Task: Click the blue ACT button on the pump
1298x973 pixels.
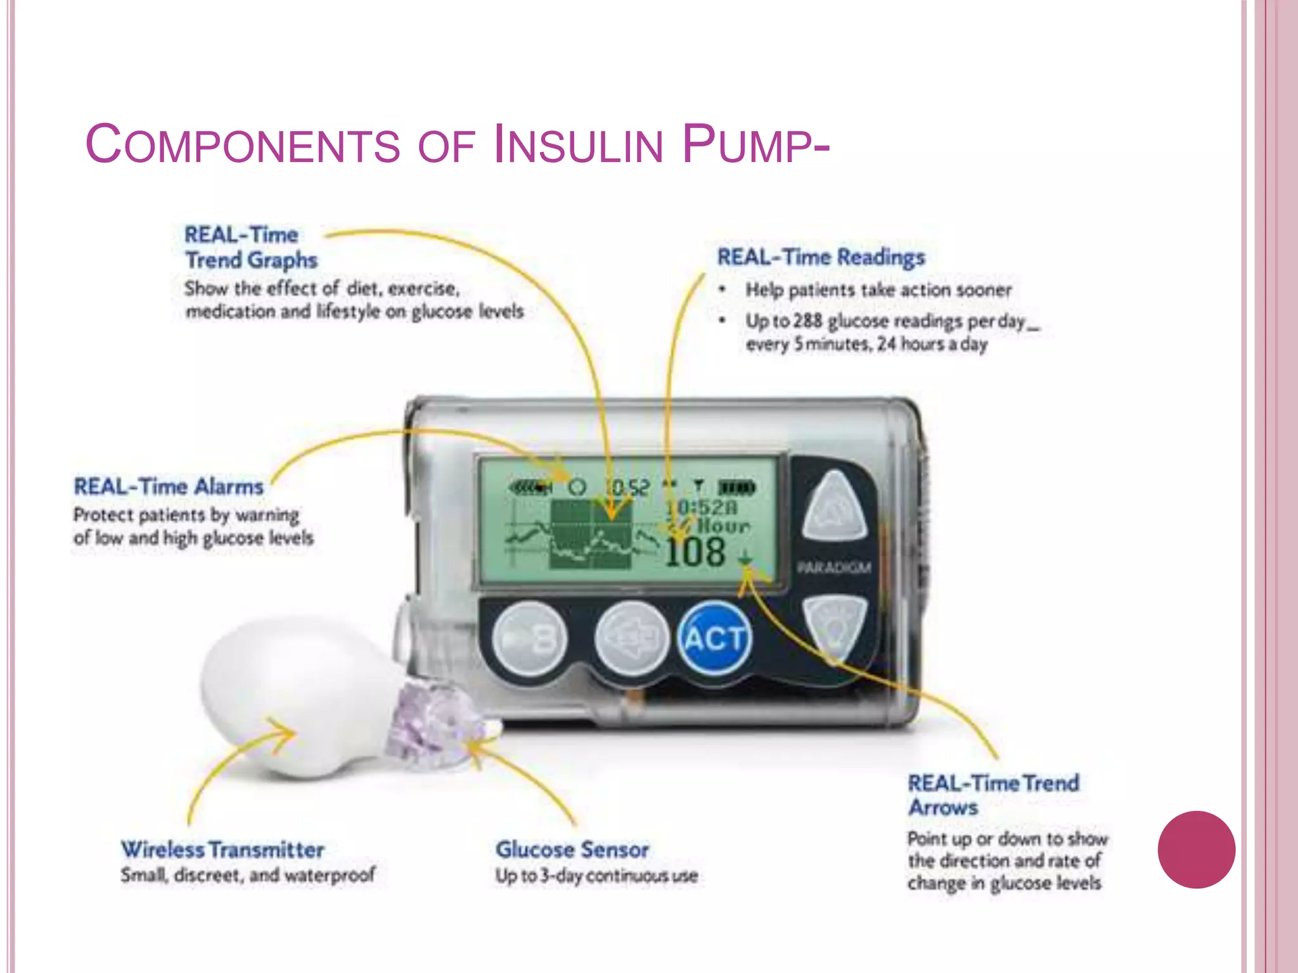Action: coord(714,638)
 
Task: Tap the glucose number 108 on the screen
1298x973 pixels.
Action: coord(695,552)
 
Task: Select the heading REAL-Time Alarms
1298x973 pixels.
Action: coord(168,486)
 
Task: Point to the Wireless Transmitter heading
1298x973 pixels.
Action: coord(222,849)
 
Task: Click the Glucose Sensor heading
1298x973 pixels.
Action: coord(572,849)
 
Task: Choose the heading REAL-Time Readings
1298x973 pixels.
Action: coord(821,257)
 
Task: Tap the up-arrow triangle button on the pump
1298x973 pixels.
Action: coord(835,507)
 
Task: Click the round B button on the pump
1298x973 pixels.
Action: coord(530,639)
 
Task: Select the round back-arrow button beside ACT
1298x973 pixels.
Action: coord(631,639)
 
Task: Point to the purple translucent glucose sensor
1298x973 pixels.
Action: coord(431,722)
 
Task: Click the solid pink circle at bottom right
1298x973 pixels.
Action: coord(1196,849)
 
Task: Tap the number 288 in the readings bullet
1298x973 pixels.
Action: coord(807,321)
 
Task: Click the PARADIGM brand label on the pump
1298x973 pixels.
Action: coord(834,568)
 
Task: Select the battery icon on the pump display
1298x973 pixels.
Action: coord(736,488)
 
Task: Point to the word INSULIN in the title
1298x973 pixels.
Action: coord(577,145)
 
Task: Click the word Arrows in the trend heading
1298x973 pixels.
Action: coord(943,808)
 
